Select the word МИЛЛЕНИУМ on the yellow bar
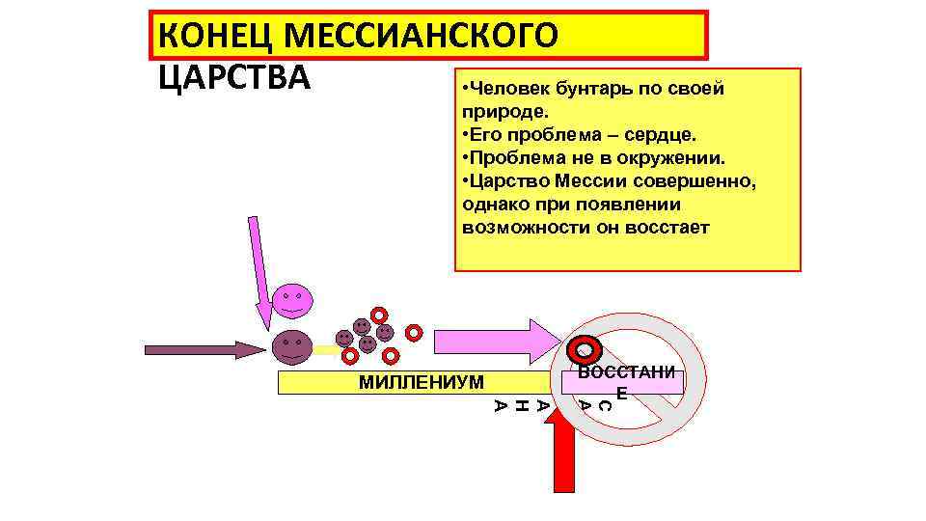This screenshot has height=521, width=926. (x=421, y=382)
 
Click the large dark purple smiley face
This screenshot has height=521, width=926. (x=290, y=346)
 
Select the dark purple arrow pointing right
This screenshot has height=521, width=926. (x=203, y=348)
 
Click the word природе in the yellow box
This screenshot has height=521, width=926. (x=501, y=111)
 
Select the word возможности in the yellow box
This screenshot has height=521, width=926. (x=521, y=228)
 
